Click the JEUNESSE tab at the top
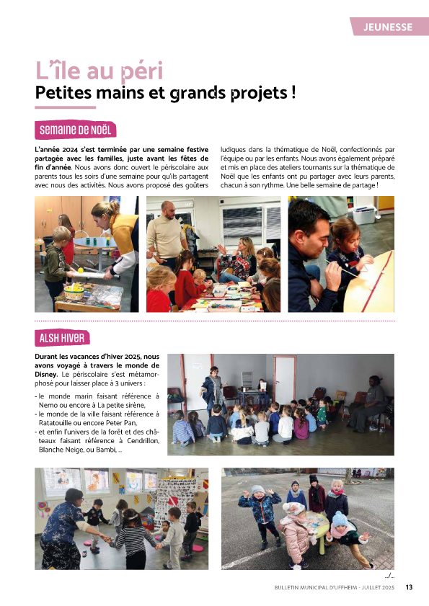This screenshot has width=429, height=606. coord(389,27)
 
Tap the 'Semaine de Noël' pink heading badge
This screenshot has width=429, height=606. coord(75,130)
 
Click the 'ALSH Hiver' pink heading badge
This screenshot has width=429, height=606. coord(62,338)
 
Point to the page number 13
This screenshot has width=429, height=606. coord(409,587)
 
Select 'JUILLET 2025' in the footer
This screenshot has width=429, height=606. coord(374,588)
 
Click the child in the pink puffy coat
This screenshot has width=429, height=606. coord(296,536)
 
